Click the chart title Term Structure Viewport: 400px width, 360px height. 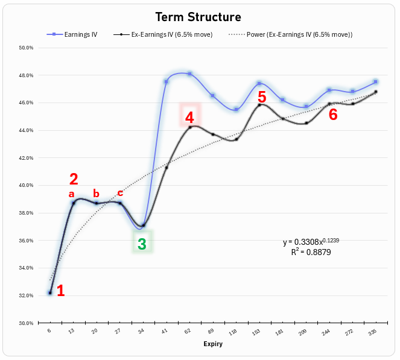198,17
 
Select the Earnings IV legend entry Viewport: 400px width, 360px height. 72,34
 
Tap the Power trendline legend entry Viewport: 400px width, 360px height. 291,34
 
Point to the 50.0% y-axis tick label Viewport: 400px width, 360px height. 26,48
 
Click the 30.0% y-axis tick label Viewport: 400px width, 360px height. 26,323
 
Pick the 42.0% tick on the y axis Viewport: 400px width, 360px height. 26,158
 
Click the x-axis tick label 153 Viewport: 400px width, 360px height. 256,332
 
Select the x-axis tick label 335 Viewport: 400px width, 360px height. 373,332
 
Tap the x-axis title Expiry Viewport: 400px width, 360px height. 213,344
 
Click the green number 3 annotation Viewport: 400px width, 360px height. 142,244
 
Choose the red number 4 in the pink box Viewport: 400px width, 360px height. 189,118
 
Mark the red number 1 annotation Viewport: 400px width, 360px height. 61,291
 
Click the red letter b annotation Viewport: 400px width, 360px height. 96,193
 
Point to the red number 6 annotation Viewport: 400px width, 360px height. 333,114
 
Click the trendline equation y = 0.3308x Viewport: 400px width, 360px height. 311,241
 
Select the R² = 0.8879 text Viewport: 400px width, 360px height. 311,252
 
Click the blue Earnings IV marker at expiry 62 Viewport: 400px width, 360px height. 190,74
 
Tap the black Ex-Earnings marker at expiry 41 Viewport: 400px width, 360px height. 167,168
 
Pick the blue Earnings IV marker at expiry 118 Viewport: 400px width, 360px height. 237,109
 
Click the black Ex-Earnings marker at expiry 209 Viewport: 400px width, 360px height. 306,123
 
